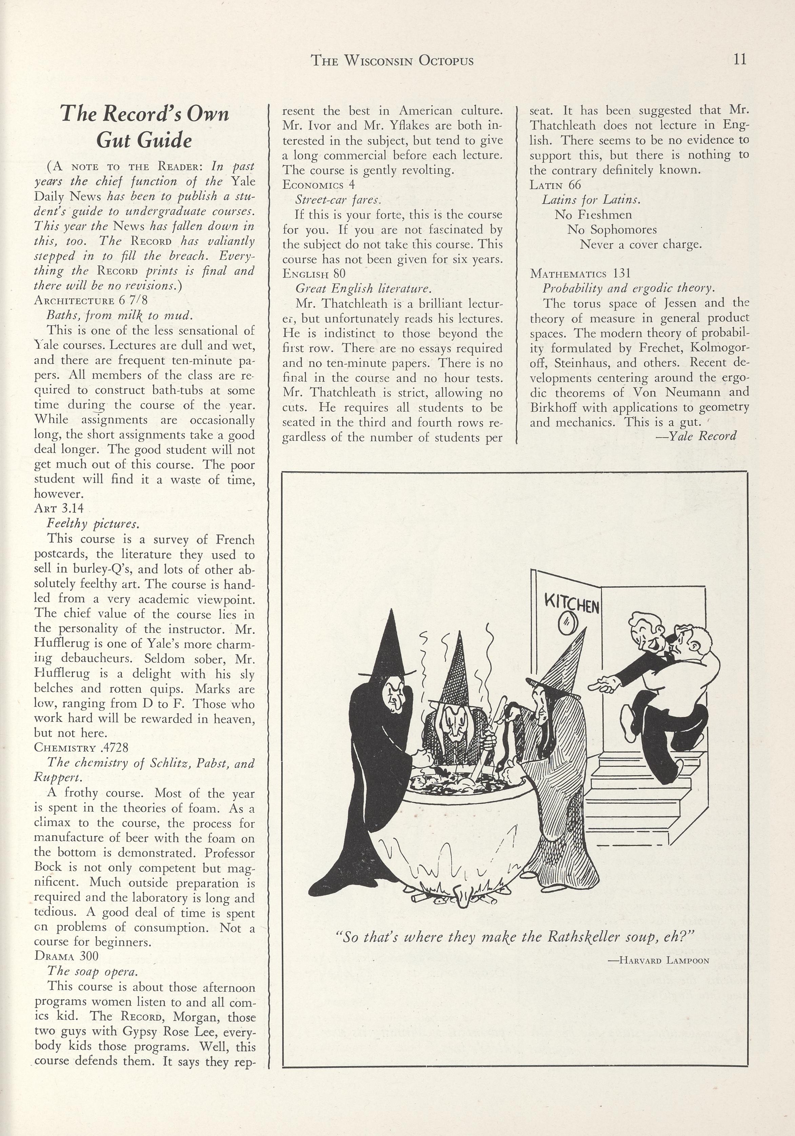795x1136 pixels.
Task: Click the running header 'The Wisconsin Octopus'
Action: [392, 61]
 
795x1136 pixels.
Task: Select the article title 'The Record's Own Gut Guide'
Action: [144, 127]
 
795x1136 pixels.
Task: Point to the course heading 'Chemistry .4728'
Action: [81, 748]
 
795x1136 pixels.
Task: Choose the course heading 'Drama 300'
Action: [66, 955]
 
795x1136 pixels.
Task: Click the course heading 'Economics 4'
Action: [319, 185]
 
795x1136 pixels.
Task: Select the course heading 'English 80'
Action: [314, 274]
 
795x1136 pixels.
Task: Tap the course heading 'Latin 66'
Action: [555, 185]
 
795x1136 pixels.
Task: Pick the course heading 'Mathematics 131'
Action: [580, 274]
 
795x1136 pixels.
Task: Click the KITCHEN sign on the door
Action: [572, 603]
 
